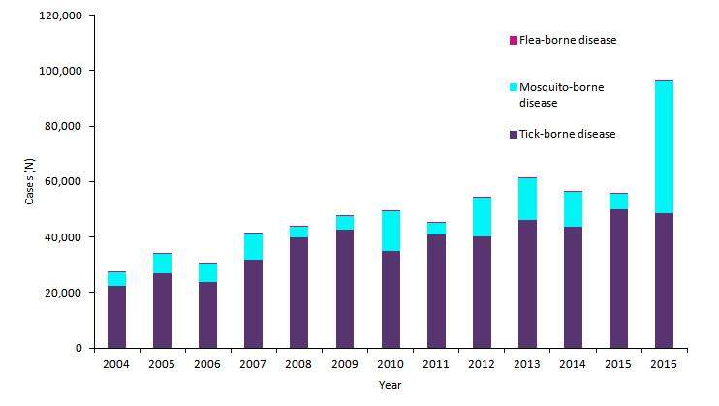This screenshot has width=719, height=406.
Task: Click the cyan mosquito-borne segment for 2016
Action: click(664, 147)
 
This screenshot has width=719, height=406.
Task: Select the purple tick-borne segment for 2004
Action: click(116, 317)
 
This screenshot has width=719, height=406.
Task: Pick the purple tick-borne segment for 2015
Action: click(618, 278)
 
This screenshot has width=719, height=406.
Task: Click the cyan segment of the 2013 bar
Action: click(527, 199)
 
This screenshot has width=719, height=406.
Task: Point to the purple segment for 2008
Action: click(299, 293)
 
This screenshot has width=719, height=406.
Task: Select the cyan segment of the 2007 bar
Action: click(254, 246)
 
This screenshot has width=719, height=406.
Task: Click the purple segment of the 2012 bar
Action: click(482, 292)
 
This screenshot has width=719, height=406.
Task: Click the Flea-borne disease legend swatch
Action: click(513, 41)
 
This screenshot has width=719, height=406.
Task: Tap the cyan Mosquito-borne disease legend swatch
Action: click(513, 87)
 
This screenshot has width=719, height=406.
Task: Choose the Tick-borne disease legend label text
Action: click(567, 134)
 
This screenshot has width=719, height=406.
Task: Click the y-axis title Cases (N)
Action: click(30, 181)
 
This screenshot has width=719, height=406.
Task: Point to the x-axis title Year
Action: click(390, 385)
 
